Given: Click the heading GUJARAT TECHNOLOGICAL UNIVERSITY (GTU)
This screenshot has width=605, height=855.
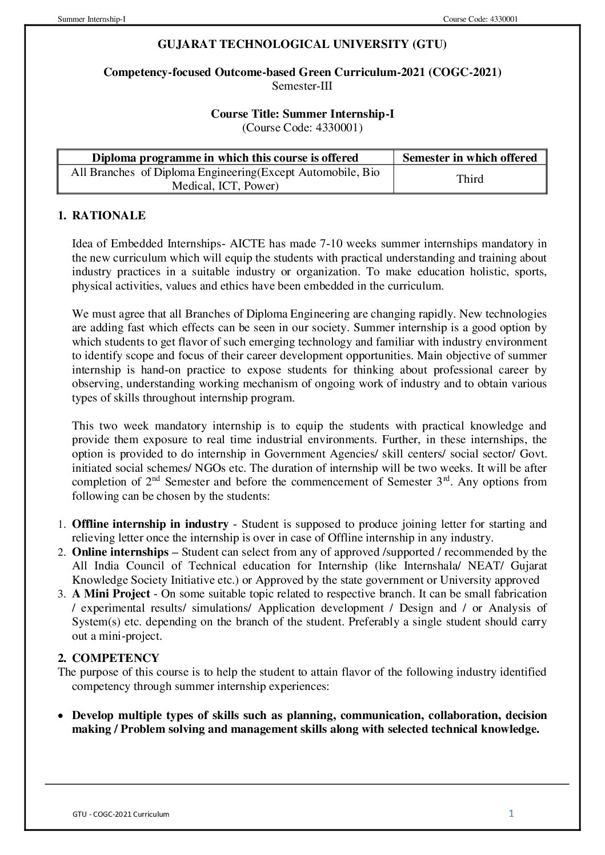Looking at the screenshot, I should coord(302,44).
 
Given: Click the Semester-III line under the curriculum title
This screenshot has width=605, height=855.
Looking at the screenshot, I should coord(302,86).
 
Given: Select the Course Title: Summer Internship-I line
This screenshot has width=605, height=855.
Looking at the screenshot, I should coord(302,114).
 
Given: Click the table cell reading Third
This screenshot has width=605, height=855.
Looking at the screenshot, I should coord(470,179).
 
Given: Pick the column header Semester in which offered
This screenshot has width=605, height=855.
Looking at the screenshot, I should coord(470,158).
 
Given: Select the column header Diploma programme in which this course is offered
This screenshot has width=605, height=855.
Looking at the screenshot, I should coord(225,158).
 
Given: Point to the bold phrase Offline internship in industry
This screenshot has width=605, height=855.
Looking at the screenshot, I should coord(150,524).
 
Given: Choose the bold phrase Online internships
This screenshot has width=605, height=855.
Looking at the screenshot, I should coord(120,552).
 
